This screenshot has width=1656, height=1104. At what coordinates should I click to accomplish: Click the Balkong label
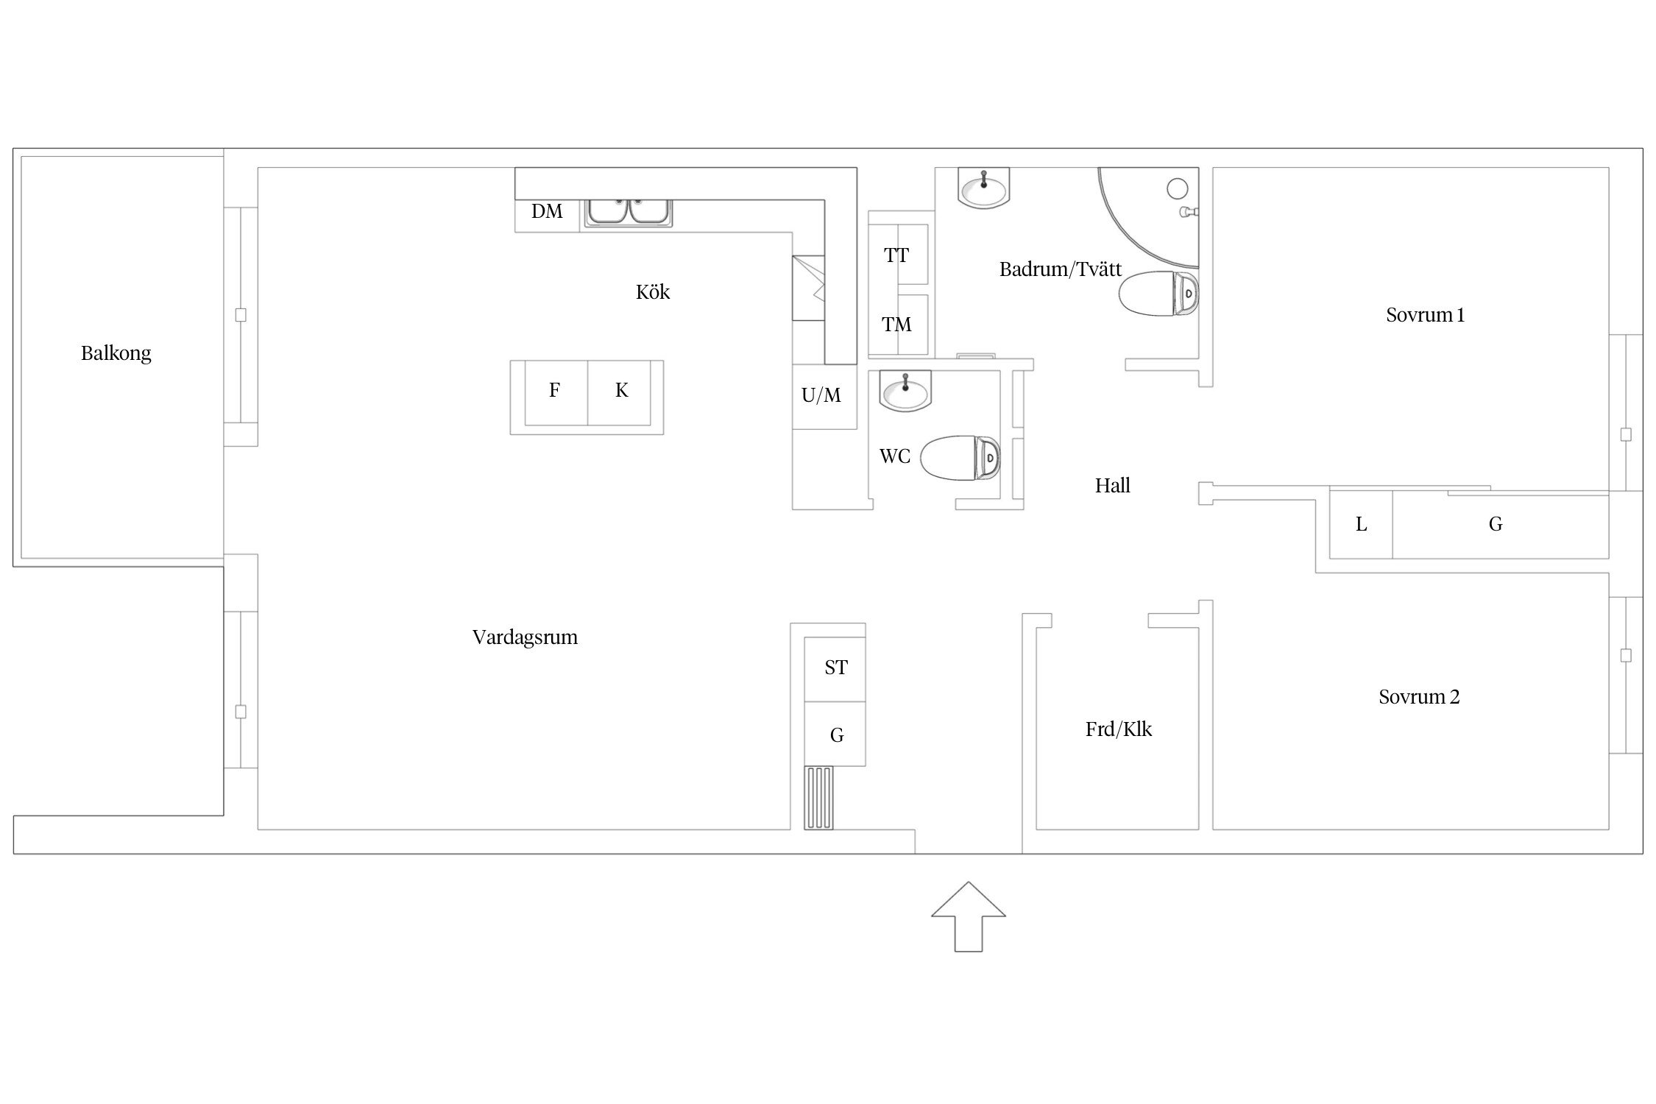[x=116, y=353]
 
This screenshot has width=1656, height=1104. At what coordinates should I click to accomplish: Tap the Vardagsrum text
[x=525, y=637]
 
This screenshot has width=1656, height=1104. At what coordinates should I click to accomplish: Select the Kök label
[x=653, y=292]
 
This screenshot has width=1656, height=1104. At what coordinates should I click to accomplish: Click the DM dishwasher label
[x=547, y=212]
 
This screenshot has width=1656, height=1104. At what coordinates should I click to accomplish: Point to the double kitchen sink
[x=629, y=212]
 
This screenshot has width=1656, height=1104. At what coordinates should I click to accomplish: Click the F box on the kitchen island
[x=556, y=393]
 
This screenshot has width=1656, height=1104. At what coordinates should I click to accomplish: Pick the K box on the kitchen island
[x=620, y=393]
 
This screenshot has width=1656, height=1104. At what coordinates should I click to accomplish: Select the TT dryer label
[x=896, y=256]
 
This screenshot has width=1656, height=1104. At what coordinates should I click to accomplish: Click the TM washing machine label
[x=896, y=325]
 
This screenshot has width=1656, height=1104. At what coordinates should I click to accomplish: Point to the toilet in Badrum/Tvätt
[x=1159, y=294]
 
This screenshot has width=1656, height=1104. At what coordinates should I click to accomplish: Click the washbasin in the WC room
[x=905, y=390]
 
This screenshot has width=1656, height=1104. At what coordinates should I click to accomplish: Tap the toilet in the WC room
[x=960, y=458]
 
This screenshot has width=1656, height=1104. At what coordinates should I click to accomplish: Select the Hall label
[x=1112, y=486]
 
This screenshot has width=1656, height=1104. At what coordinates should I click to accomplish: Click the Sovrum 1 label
[x=1425, y=315]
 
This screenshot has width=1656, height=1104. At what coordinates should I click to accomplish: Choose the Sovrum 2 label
[x=1419, y=697]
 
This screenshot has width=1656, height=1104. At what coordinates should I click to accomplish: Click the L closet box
[x=1361, y=525]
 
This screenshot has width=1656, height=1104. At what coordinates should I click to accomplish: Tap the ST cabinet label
[x=836, y=668]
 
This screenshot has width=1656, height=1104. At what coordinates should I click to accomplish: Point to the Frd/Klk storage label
[x=1118, y=729]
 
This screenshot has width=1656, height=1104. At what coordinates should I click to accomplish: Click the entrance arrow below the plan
[x=968, y=916]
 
